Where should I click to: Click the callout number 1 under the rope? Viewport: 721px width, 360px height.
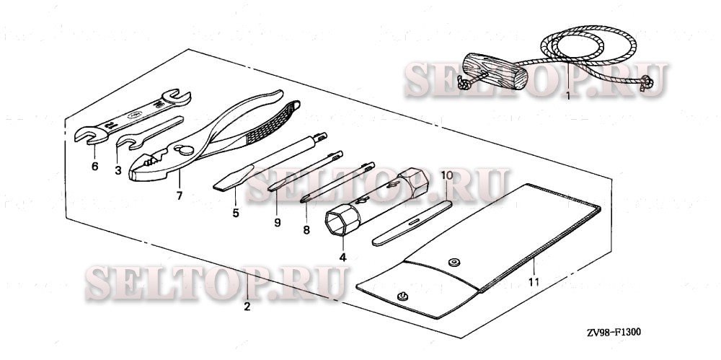pos(568,96)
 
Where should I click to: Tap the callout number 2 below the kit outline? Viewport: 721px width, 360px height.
pos(247,307)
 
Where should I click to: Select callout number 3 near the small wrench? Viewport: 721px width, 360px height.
pos(118,171)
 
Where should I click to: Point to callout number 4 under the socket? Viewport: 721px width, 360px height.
pos(342,258)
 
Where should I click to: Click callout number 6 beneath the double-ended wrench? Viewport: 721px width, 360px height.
pos(94,166)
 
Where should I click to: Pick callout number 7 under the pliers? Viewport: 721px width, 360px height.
pos(180,196)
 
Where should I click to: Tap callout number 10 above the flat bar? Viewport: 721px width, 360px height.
pos(447,175)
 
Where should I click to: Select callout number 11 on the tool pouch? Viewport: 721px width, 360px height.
pos(534,282)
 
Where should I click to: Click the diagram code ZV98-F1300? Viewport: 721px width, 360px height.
pos(614,332)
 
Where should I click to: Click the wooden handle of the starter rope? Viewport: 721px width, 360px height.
pos(495,71)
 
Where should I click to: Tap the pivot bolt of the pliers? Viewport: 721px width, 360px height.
pos(185,149)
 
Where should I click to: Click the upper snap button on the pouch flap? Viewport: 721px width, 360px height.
pos(455,262)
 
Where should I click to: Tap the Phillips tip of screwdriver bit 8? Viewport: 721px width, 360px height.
pos(305,199)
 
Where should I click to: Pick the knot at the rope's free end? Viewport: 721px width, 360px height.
pos(647,83)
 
